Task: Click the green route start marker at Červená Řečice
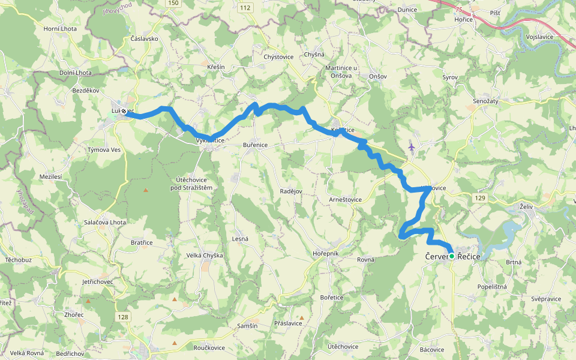pos(451,256)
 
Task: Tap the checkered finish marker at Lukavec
pos(124,111)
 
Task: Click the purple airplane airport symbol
pos(411,146)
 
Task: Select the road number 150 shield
pos(173,3)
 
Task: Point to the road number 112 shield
pos(244,8)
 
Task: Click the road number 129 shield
pos(478,197)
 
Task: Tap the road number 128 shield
pos(123,317)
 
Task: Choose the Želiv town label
pos(527,207)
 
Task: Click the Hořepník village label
pos(326,254)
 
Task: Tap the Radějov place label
pos(291,191)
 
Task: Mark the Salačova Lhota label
pos(105,223)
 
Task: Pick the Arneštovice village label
pos(346,199)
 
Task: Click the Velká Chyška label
pos(205,256)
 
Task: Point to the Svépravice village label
pos(545,298)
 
